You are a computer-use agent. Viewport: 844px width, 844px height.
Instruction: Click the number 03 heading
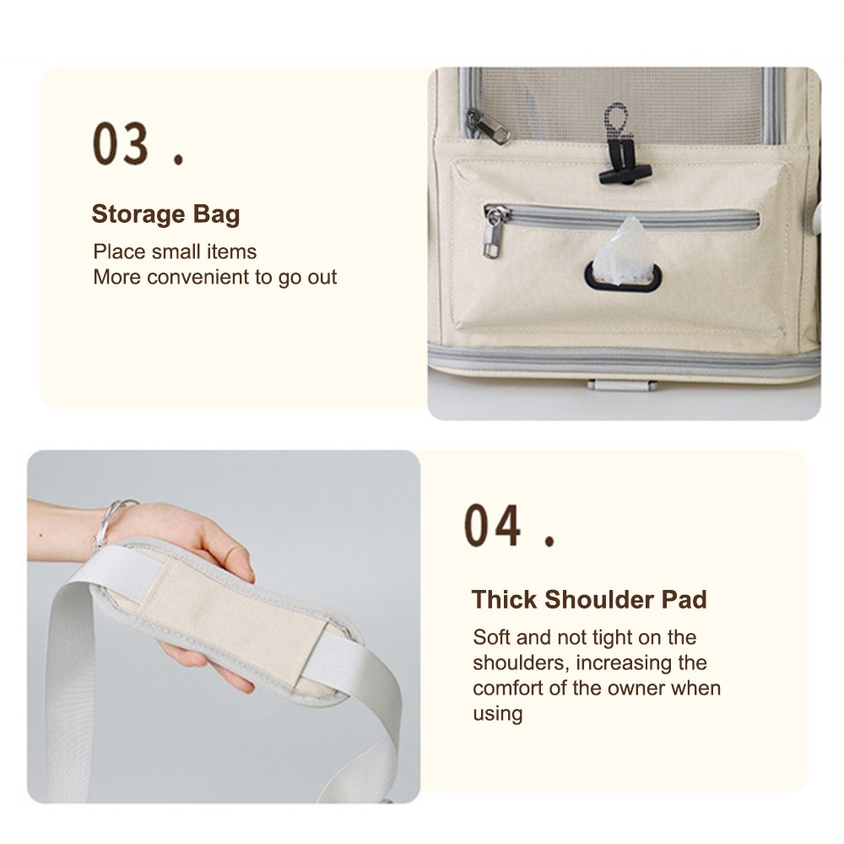pos(120,143)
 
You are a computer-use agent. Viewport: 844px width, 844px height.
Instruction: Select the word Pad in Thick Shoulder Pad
pos(684,599)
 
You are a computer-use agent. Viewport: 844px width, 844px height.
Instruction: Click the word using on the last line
pos(498,714)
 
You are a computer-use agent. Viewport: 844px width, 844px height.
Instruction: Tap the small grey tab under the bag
pos(622,386)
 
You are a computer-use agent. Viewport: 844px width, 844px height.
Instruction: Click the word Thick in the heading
pos(504,599)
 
